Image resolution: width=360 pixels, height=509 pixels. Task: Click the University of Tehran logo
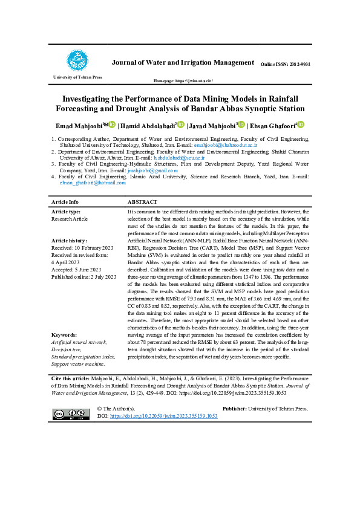click(77, 61)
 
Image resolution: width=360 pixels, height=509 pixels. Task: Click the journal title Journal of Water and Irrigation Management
click(183, 62)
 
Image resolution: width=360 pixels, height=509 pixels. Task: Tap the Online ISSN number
click(285, 64)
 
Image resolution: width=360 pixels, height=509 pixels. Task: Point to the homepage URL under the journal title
click(183, 80)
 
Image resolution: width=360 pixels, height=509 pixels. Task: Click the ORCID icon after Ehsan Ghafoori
click(301, 125)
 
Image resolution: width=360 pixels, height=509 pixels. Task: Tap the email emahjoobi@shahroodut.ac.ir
click(226, 145)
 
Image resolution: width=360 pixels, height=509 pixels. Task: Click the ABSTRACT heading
click(142, 202)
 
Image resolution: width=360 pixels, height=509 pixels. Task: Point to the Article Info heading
click(65, 202)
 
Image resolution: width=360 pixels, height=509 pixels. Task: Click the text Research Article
click(70, 219)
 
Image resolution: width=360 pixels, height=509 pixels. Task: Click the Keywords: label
click(64, 334)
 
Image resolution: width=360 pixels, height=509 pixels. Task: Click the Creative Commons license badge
click(67, 413)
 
